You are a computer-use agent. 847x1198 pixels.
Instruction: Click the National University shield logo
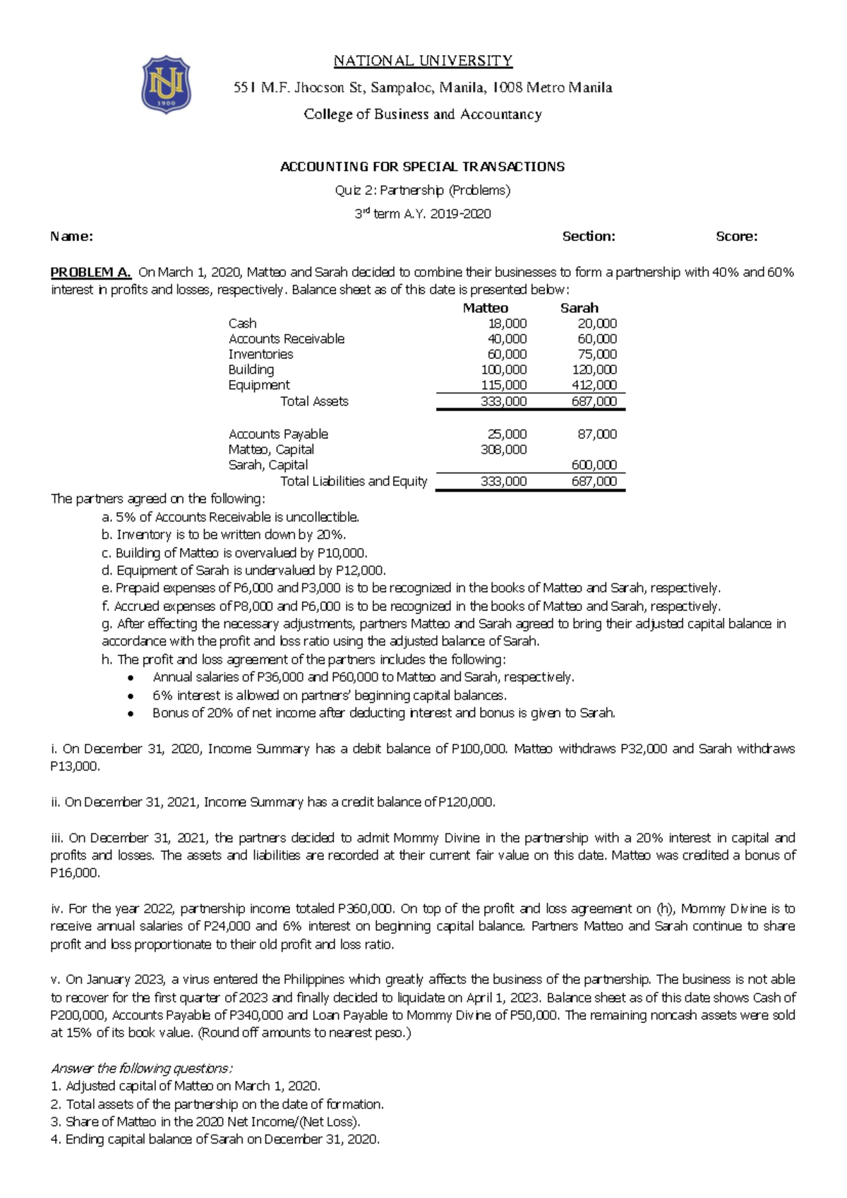point(166,84)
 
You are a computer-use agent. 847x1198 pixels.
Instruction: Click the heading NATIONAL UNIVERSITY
point(423,61)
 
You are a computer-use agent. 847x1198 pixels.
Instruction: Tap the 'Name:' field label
point(71,237)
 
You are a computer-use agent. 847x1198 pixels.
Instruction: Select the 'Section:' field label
point(588,237)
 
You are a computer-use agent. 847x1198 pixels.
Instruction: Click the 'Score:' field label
point(736,237)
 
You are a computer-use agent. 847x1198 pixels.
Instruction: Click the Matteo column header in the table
point(485,308)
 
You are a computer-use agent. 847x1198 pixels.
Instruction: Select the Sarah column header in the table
point(579,308)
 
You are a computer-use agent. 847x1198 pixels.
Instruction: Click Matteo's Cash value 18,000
point(507,324)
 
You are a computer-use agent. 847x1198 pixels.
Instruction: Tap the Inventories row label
point(260,355)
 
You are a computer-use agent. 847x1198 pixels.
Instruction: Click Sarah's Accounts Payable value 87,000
point(597,434)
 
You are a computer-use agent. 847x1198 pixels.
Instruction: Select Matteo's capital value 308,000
point(503,450)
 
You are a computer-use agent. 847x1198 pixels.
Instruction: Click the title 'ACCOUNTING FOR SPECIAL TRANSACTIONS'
point(422,167)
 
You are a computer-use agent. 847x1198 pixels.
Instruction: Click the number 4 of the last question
point(55,1139)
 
